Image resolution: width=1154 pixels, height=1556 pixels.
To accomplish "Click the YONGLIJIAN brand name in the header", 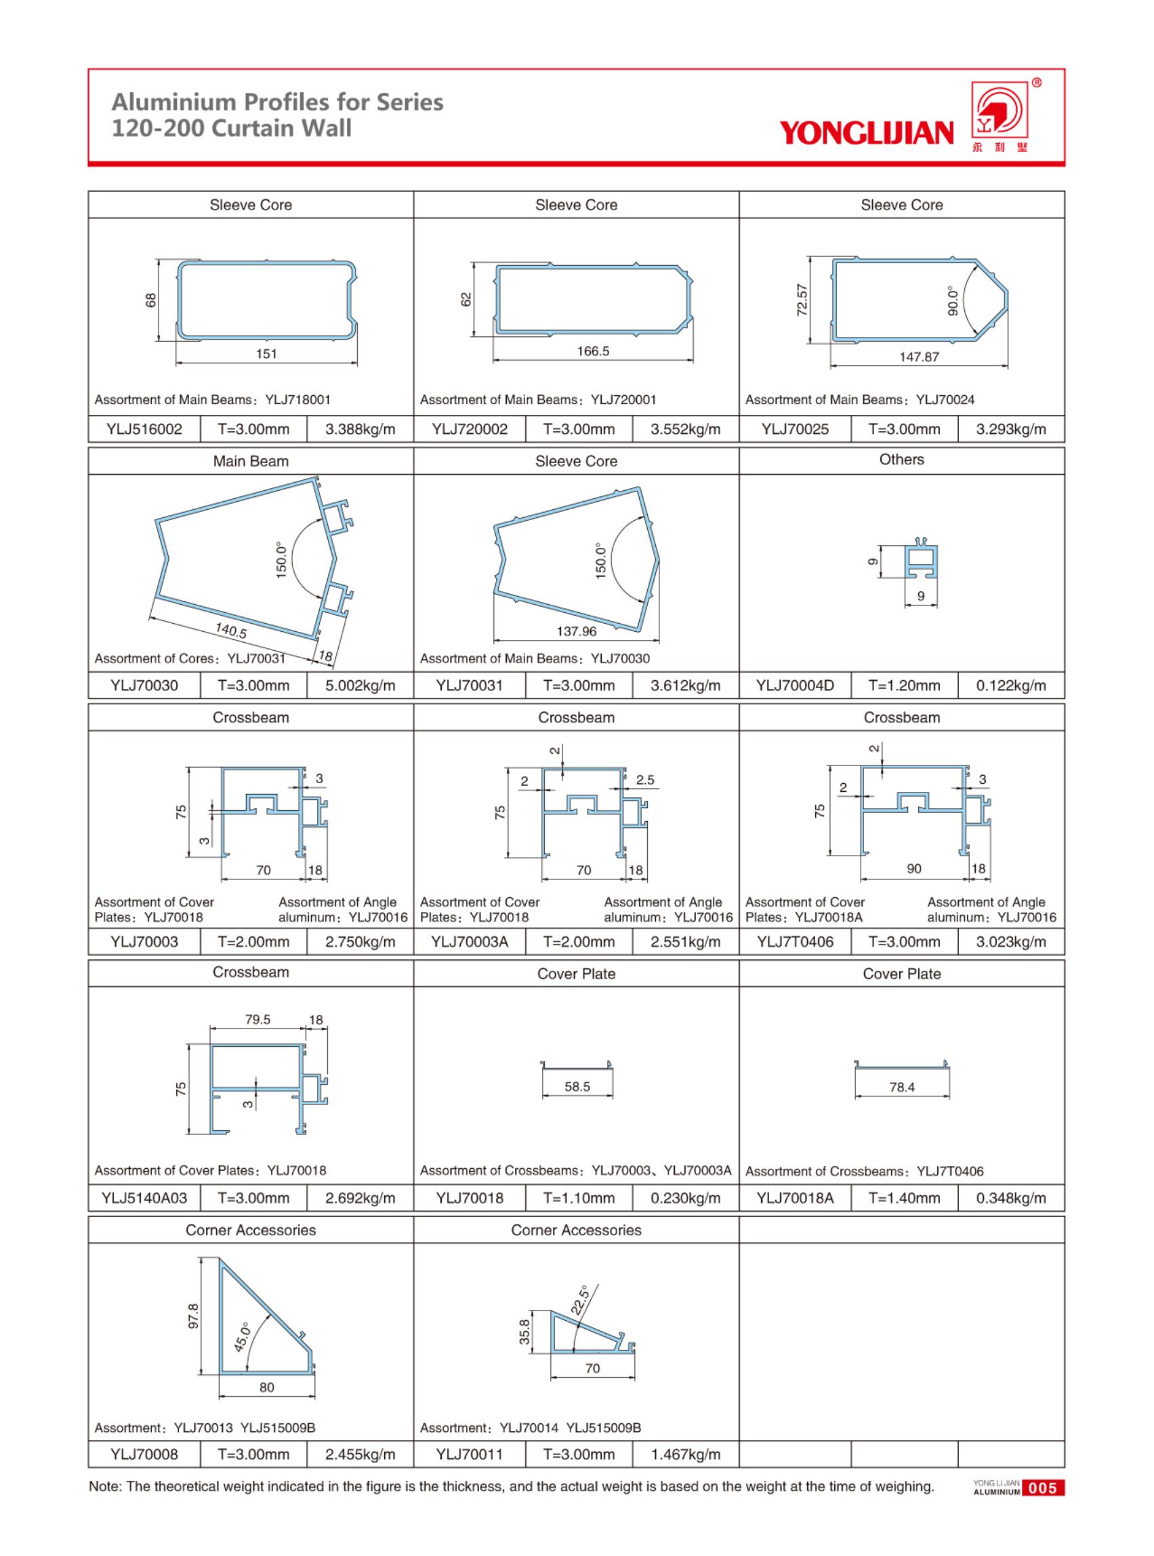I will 866,132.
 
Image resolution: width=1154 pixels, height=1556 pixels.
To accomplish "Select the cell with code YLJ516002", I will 144,429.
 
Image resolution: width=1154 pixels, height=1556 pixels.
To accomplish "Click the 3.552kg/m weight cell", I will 685,429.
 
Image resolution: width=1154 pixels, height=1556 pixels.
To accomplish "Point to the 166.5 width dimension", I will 592,351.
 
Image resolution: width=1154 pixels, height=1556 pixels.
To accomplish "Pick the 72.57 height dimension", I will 802,300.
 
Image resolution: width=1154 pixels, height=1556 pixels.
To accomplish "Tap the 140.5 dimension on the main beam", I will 231,631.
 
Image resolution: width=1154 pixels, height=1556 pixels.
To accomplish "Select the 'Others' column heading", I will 901,459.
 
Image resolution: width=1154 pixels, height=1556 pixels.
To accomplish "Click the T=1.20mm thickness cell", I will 904,685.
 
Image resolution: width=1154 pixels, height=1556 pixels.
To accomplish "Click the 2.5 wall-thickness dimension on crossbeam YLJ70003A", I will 644,780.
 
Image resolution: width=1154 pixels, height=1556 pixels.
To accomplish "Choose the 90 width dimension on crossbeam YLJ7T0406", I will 913,869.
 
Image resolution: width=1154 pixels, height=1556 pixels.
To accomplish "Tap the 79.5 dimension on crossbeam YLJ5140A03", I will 257,1020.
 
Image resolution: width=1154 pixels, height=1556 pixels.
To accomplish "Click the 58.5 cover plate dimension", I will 577,1087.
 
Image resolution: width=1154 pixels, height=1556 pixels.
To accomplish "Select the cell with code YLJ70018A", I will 795,1198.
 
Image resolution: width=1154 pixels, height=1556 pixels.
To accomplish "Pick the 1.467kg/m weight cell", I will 685,1455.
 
